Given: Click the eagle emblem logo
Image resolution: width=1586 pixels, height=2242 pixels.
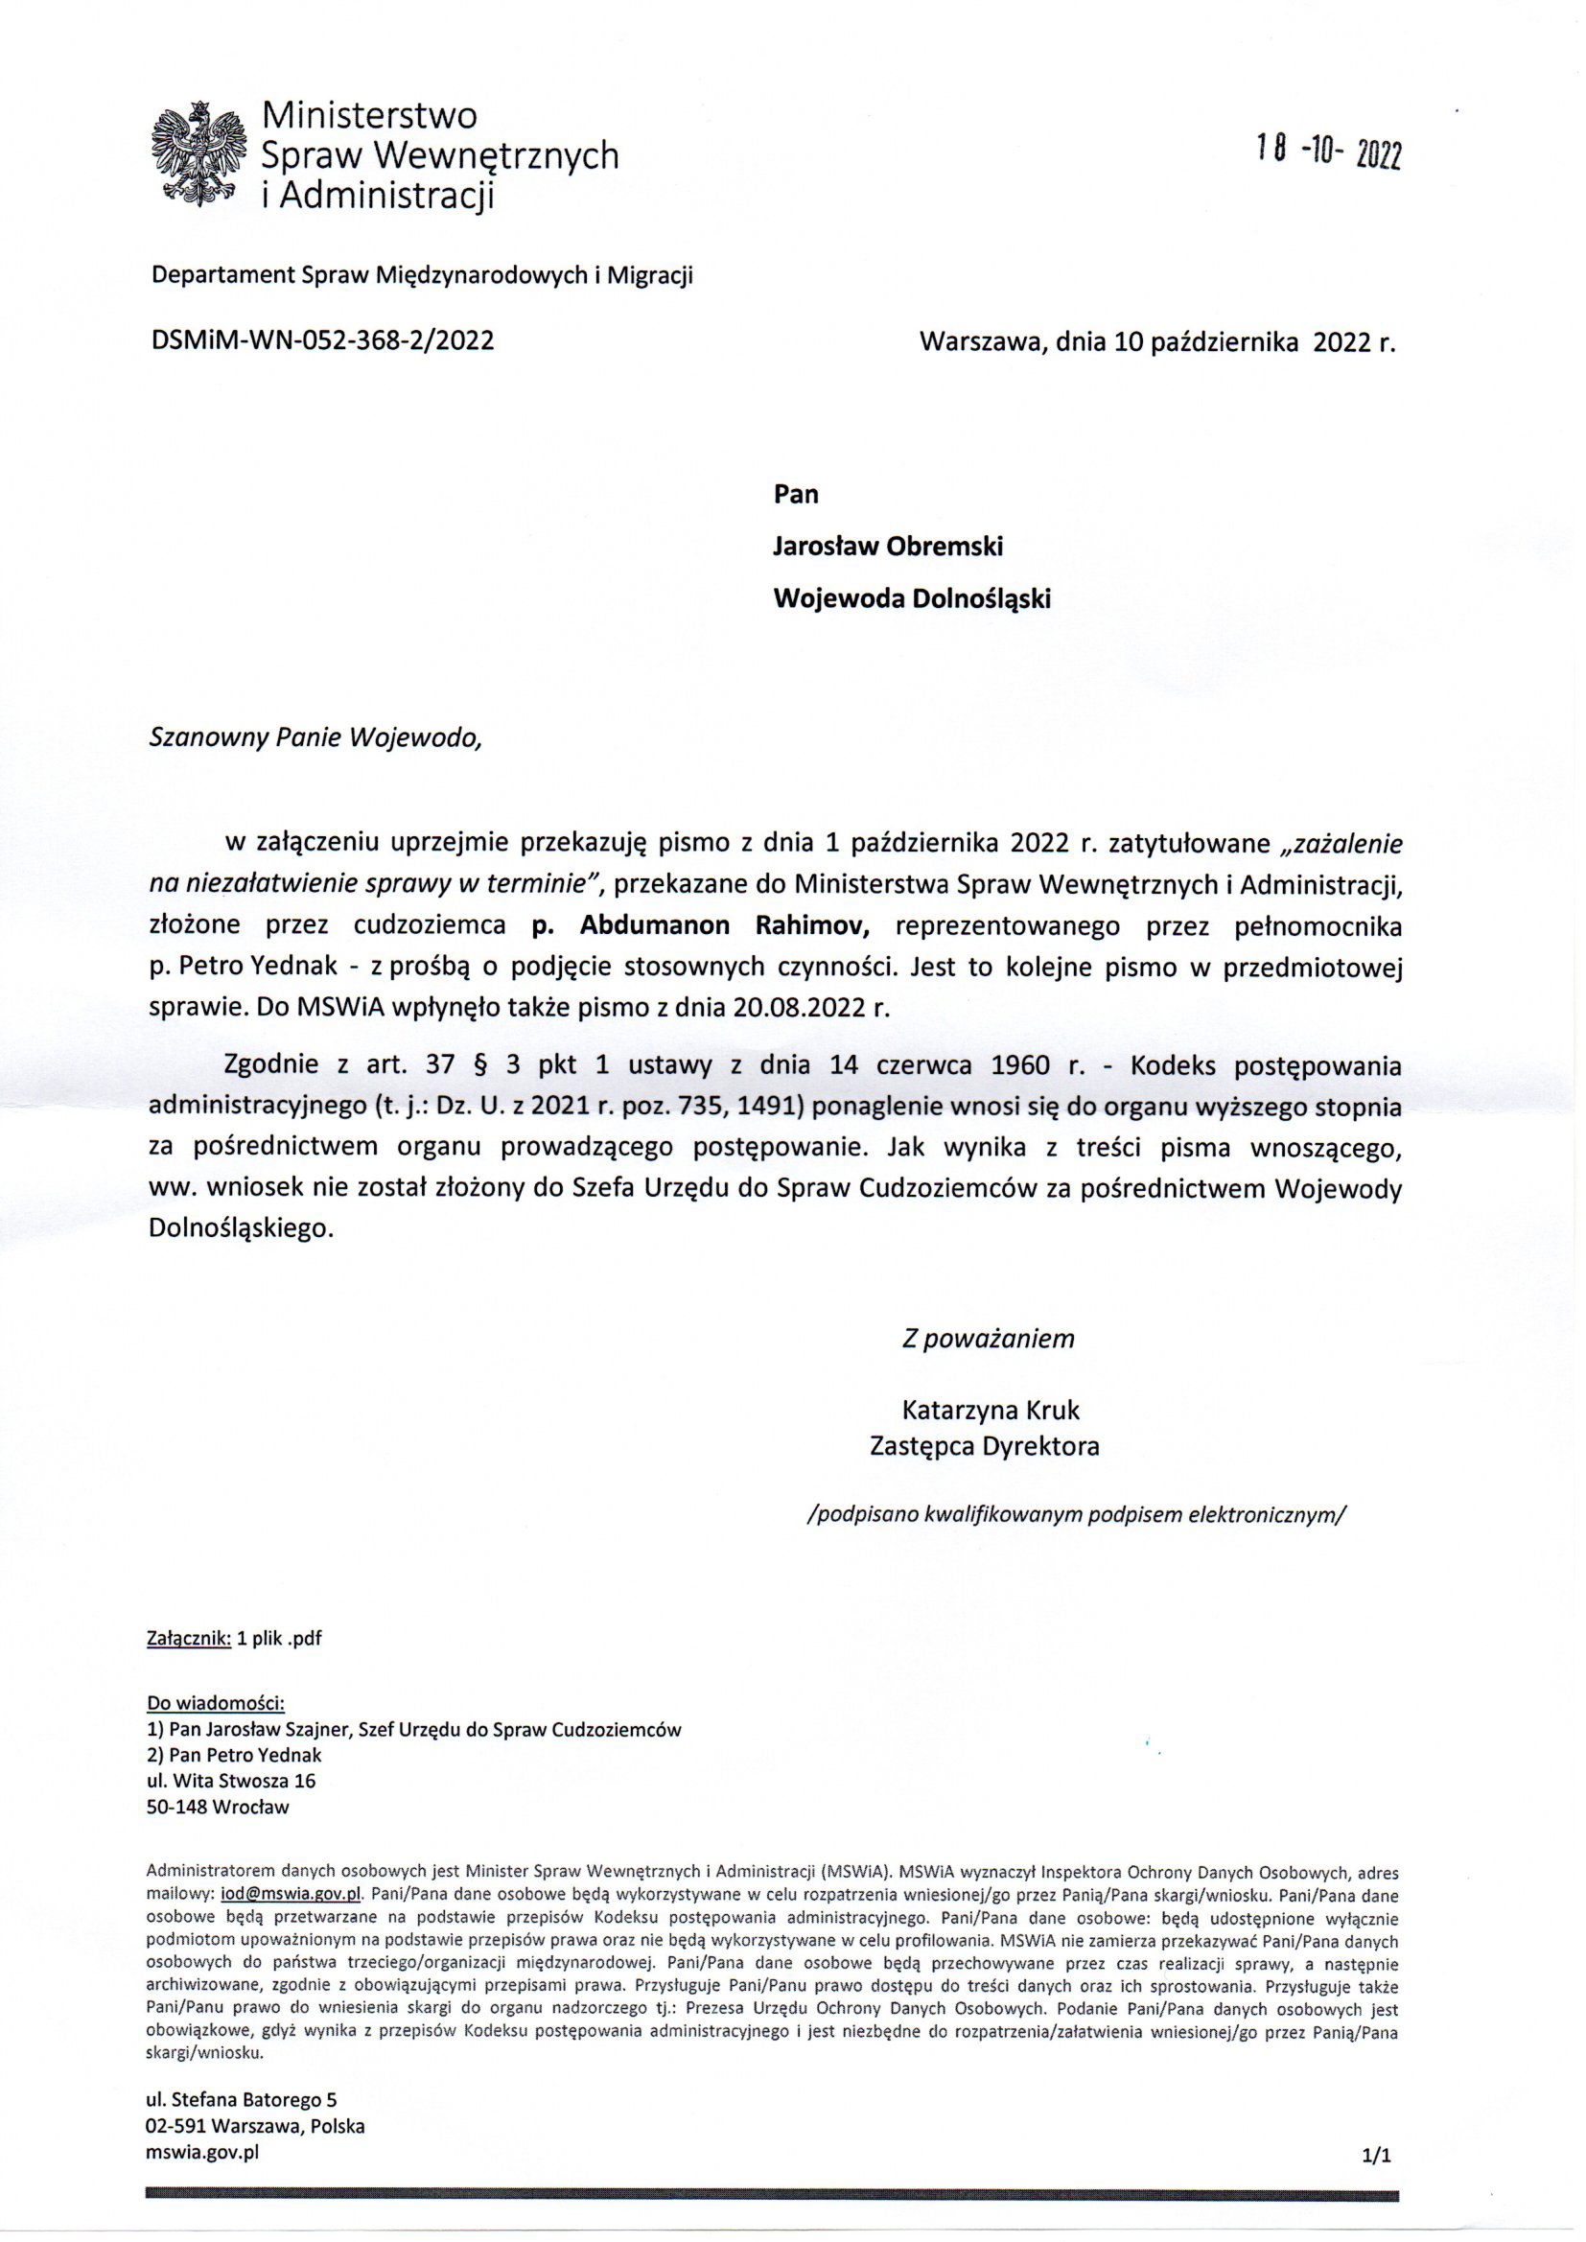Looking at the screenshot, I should (x=199, y=154).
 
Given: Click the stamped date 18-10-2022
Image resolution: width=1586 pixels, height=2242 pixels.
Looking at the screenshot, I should (x=1329, y=152).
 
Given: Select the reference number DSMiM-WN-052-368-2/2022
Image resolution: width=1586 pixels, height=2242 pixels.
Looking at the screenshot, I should (x=321, y=340).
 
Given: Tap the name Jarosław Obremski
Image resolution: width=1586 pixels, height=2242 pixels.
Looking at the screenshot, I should (x=888, y=547).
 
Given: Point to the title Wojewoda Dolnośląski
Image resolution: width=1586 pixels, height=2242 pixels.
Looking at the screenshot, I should (x=912, y=598).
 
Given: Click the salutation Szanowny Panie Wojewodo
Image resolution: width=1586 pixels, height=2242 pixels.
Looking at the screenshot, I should (x=315, y=737).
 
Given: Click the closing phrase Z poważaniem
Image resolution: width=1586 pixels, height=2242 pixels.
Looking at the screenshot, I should (x=988, y=1338).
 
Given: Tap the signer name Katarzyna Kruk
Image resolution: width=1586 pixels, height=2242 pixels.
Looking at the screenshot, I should (x=991, y=1410).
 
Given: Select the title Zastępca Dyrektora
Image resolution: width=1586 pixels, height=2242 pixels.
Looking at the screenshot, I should (x=985, y=1446).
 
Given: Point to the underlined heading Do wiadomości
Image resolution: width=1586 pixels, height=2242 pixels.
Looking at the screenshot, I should (x=215, y=1704).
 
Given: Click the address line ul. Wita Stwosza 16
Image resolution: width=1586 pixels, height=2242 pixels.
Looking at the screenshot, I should (x=230, y=1780).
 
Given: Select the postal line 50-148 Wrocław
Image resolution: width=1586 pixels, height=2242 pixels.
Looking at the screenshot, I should (x=218, y=1807).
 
